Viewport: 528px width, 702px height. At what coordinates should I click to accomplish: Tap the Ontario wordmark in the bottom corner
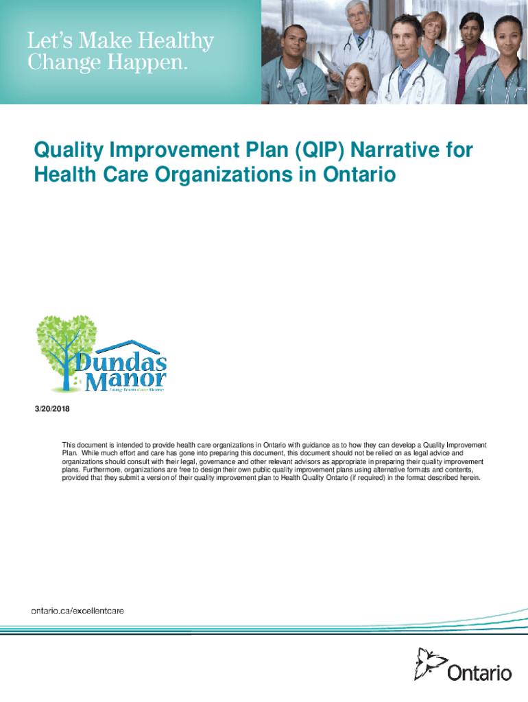tap(480, 673)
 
